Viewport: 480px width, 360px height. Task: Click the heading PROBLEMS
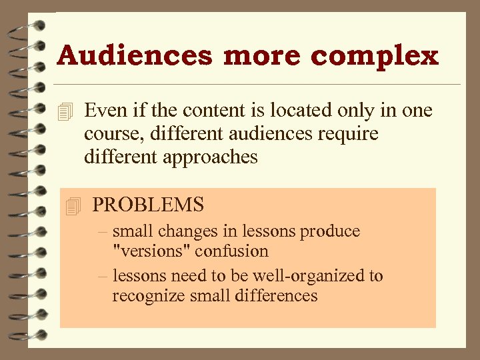(148, 204)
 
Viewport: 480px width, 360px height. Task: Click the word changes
(191, 231)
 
